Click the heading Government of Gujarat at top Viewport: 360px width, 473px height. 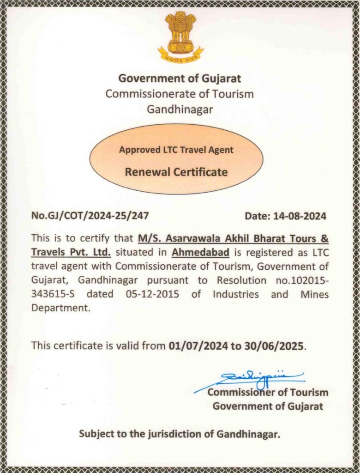pyautogui.click(x=180, y=78)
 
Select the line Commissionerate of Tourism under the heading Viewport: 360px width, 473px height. pyautogui.click(x=180, y=94)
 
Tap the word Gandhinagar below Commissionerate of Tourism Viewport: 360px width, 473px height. pyautogui.click(x=180, y=109)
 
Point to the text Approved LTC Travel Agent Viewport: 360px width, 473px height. pyautogui.click(x=176, y=150)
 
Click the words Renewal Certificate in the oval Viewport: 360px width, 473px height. pyautogui.click(x=176, y=172)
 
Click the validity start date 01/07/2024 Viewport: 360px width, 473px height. pyautogui.click(x=198, y=346)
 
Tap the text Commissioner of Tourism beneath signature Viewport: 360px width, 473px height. pyautogui.click(x=268, y=393)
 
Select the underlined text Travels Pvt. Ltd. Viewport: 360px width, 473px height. pyautogui.click(x=71, y=253)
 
